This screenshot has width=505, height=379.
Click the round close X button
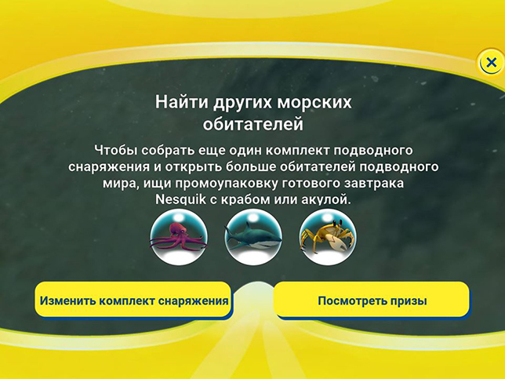click(x=491, y=62)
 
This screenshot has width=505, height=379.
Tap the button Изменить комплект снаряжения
click(x=133, y=300)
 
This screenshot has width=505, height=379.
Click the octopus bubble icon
click(x=179, y=237)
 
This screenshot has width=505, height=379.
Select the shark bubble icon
click(x=253, y=237)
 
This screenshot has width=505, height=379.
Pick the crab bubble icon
click(x=328, y=237)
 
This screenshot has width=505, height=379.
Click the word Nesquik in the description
click(x=180, y=199)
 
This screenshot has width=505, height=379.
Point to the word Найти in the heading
click(x=181, y=102)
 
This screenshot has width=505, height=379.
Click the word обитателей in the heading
click(x=253, y=124)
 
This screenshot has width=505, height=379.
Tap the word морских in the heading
click(x=314, y=102)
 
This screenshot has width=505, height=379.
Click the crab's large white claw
click(x=336, y=242)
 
